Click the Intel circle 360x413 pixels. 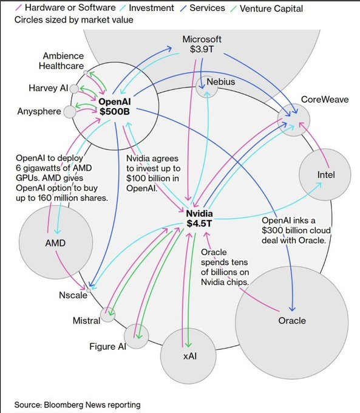325,175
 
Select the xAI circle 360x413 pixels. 188,355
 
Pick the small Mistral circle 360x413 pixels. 108,313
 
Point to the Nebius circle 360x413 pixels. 207,89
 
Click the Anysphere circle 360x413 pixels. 70,112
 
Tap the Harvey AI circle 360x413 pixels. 74,89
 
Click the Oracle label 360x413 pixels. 292,320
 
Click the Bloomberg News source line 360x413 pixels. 78,404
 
